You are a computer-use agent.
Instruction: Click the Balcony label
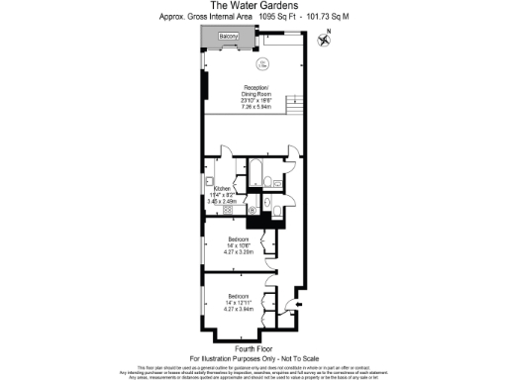[230, 36]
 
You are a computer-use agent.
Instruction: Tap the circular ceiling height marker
[262, 65]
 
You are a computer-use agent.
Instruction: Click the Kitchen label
[222, 186]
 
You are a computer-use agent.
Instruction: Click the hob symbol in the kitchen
[228, 210]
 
